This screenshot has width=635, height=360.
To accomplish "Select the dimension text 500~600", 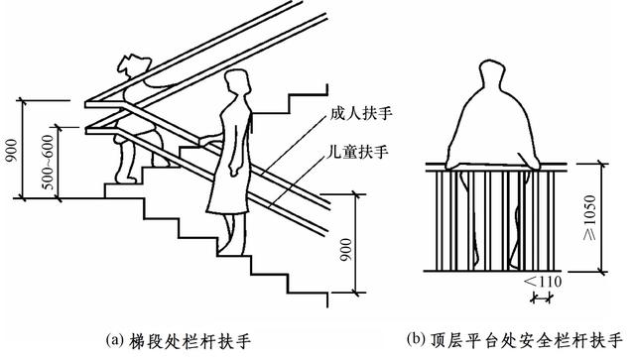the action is tap(48, 162).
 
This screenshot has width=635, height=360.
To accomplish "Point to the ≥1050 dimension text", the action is tap(590, 217).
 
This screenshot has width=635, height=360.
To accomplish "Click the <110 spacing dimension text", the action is tap(543, 282).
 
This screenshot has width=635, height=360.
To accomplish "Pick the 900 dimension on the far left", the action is tap(12, 151).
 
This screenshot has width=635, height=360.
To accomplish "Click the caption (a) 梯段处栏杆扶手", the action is tap(178, 341).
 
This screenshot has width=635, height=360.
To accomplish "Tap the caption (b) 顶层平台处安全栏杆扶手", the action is tap(514, 340).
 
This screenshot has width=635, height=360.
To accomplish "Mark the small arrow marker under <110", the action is tap(542, 299).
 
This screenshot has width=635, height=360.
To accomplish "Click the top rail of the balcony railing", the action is tap(496, 167).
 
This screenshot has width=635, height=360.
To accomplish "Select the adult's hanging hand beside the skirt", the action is tap(234, 170).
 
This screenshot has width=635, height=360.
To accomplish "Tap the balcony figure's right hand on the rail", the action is tap(532, 164).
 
